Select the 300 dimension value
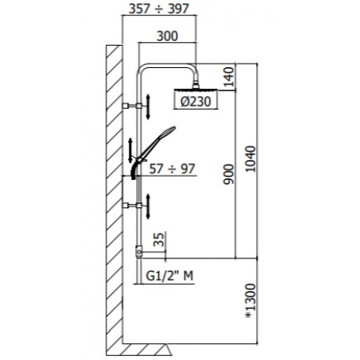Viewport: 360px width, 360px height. click(167, 36)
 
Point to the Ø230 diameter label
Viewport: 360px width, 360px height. click(190, 102)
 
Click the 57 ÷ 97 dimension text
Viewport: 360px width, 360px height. click(173, 169)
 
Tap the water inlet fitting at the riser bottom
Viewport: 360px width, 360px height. click(141, 254)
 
